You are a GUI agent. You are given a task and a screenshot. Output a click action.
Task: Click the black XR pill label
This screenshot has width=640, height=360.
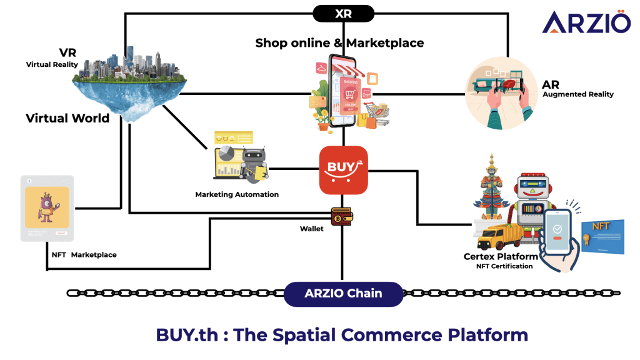pyautogui.click(x=343, y=14)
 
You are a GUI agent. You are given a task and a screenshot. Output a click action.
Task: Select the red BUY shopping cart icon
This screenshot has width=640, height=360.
pyautogui.click(x=343, y=170)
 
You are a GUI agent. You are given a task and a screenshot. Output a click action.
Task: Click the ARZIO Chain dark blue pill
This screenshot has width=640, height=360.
pyautogui.click(x=343, y=293)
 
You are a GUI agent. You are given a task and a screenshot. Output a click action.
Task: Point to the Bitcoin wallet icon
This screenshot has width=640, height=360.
pyautogui.click(x=341, y=216)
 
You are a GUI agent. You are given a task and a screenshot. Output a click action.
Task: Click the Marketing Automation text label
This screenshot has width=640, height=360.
pyautogui.click(x=237, y=194)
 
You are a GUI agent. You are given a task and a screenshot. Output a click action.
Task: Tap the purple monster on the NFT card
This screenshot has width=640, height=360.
pyautogui.click(x=47, y=206)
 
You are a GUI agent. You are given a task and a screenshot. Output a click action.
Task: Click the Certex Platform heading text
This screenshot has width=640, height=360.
pyautogui.click(x=501, y=256)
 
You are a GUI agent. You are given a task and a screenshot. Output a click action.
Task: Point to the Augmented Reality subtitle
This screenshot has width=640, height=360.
pyautogui.click(x=578, y=94)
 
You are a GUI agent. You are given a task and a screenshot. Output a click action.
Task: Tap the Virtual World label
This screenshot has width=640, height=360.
pyautogui.click(x=67, y=118)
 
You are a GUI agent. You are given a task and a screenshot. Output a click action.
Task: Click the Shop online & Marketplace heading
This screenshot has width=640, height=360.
pyautogui.click(x=339, y=42)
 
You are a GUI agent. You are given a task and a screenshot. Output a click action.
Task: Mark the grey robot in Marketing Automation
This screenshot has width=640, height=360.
pyautogui.click(x=254, y=164)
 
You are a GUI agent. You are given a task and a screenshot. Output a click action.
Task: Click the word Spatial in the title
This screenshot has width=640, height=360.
pyautogui.click(x=306, y=334)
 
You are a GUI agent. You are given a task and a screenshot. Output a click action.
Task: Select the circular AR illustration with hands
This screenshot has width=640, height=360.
pyautogui.click(x=502, y=92)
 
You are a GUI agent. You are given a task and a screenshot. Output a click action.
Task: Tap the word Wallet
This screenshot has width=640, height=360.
pyautogui.click(x=311, y=229)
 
